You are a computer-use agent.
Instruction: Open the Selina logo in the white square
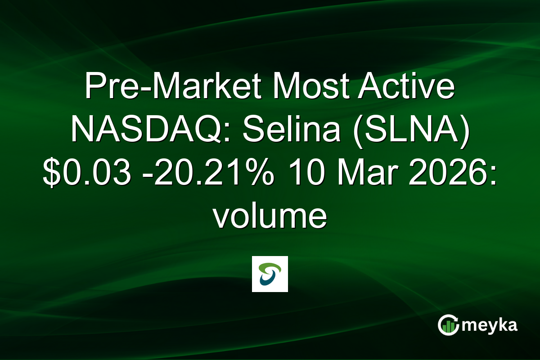pyautogui.click(x=270, y=274)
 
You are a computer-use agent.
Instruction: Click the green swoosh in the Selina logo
pyautogui.click(x=270, y=268)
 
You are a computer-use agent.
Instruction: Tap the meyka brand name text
pyautogui.click(x=491, y=325)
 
